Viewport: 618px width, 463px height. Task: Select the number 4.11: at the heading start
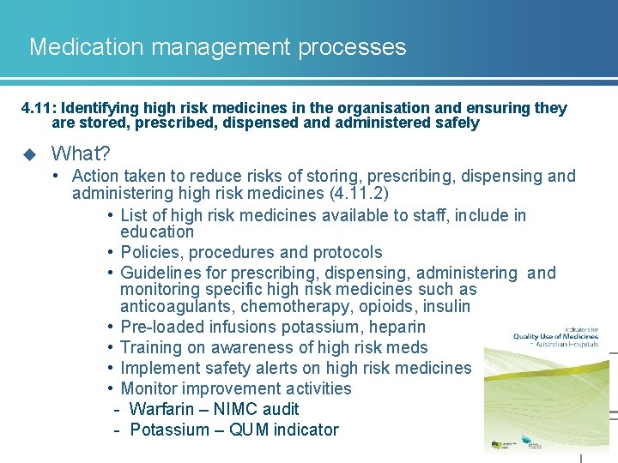point(39,108)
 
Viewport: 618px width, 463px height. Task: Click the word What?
point(81,153)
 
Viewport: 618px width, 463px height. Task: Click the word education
point(157,231)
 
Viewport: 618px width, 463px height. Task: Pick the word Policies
point(151,252)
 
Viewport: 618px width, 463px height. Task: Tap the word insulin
point(442,307)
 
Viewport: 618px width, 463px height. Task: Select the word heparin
point(396,327)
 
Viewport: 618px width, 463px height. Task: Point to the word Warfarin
point(165,409)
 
